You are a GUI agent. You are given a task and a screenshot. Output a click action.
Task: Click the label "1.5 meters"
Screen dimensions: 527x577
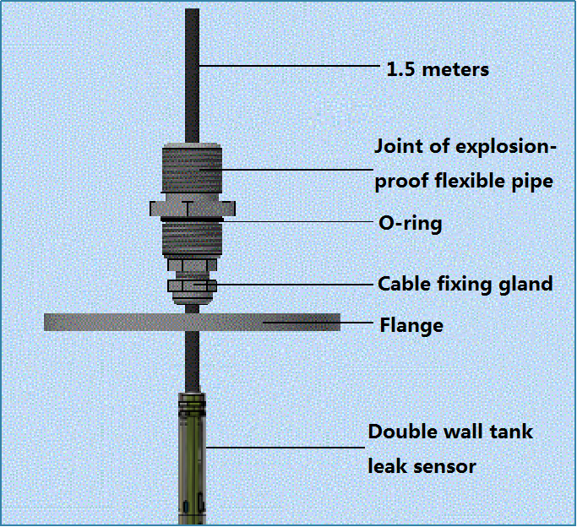437,69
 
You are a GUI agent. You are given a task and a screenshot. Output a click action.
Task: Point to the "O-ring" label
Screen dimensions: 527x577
409,224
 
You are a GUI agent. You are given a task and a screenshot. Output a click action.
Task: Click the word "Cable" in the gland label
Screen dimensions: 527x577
402,284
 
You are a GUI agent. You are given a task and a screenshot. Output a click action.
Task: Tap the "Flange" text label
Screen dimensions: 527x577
411,324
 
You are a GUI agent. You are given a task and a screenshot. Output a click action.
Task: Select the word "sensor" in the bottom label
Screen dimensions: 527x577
446,465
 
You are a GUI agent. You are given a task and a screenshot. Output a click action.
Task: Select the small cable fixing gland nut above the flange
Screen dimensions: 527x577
193,285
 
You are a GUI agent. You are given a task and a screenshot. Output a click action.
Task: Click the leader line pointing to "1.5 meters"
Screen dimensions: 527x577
287,66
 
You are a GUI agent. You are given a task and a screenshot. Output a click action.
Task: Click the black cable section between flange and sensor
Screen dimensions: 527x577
192,360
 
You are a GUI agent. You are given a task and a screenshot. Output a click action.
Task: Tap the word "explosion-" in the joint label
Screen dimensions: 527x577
506,147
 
